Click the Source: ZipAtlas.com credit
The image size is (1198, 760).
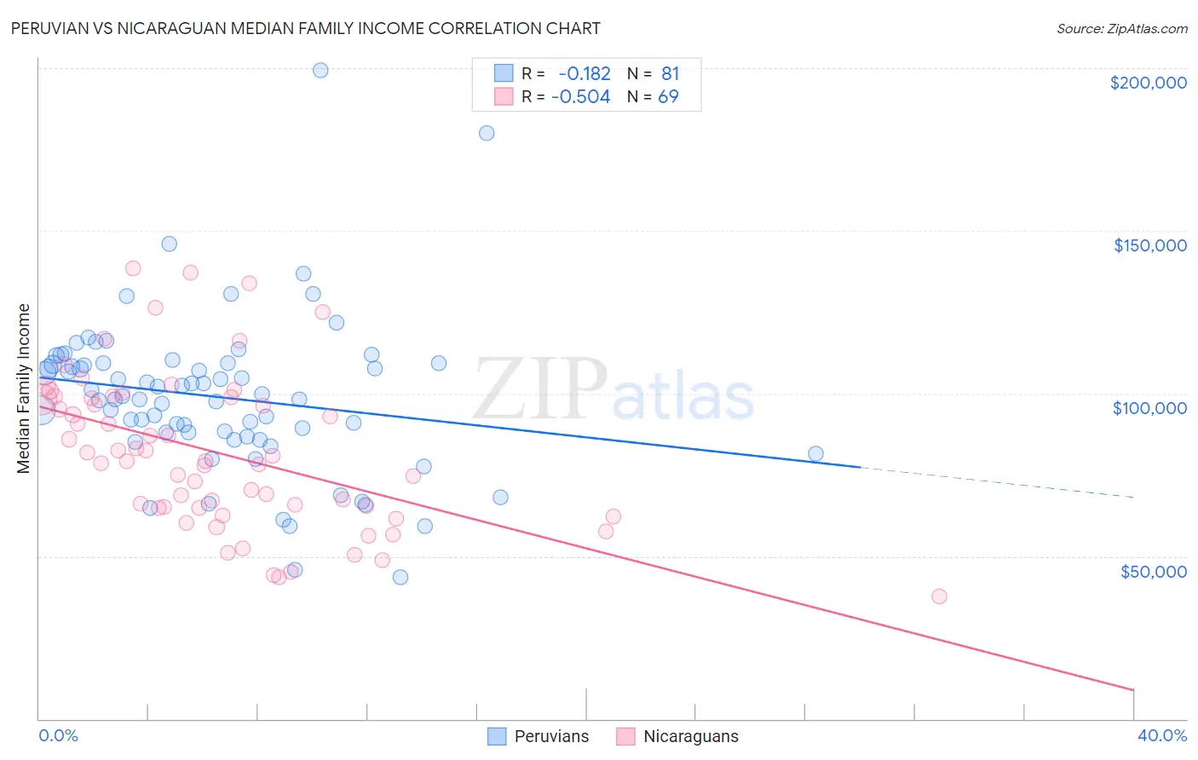click(1121, 28)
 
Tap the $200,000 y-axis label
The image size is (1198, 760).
click(1148, 83)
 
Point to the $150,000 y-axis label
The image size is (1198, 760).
click(1149, 245)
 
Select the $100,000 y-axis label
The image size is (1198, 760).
click(1149, 408)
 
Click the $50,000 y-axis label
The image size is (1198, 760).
click(1153, 571)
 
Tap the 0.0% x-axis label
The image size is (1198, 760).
click(58, 735)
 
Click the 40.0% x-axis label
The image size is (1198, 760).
click(1161, 735)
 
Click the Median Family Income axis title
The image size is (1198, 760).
click(24, 389)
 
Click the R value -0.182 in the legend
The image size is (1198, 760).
click(584, 73)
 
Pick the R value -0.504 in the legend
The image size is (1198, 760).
click(580, 97)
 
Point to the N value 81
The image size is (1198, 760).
click(670, 73)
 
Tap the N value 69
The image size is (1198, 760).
click(668, 97)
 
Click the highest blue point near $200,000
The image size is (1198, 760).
click(320, 70)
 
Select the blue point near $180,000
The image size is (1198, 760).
click(487, 133)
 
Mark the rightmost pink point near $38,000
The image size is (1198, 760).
click(939, 596)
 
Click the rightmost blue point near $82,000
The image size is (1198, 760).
click(815, 454)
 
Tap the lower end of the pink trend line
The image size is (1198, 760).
click(1132, 688)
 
